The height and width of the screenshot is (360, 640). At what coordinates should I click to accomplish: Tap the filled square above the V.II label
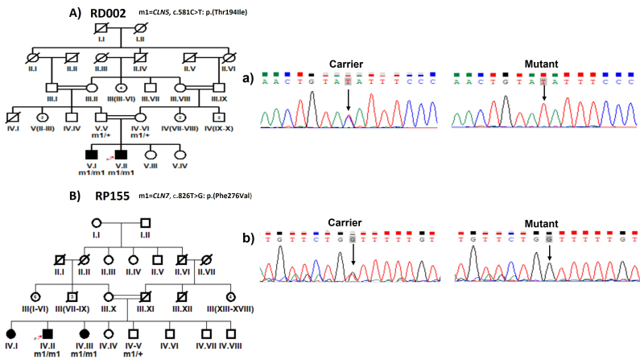121,153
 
